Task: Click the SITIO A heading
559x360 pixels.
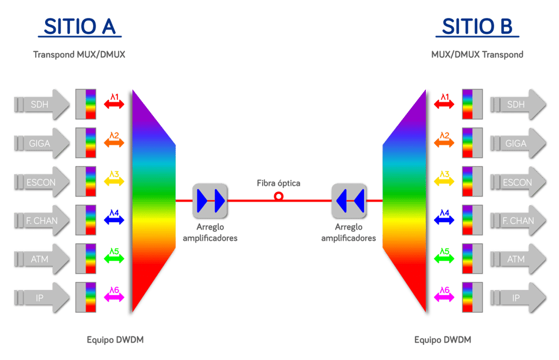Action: pos(80,27)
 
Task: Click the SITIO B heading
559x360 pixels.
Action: pos(476,27)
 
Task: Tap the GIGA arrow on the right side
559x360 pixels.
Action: pos(518,143)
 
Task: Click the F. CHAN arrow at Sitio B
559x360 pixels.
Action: pos(518,221)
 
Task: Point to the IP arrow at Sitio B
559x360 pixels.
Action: pos(518,298)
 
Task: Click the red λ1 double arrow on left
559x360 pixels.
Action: pos(114,104)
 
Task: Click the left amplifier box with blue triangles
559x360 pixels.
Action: pos(210,200)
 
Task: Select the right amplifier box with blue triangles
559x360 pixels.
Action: pos(350,200)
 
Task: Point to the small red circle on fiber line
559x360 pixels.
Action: pos(279,196)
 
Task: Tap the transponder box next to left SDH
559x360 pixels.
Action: pos(86,104)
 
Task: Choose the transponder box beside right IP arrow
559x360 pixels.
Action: pos(472,297)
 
